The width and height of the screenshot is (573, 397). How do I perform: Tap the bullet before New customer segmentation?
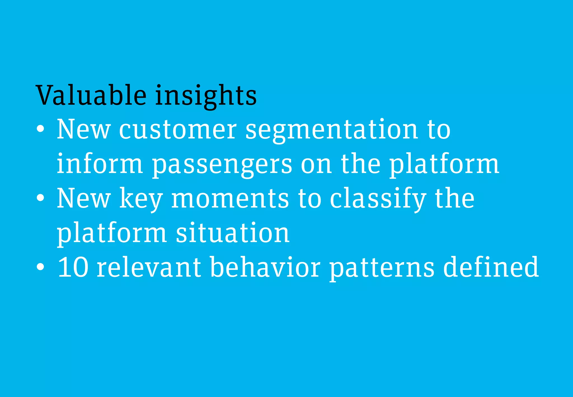tap(40, 129)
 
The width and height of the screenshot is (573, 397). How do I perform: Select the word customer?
tap(178, 129)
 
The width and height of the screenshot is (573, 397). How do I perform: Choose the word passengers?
tap(222, 165)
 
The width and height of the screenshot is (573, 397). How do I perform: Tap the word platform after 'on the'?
tap(444, 165)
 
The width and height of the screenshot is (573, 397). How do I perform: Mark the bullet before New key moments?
tap(40, 198)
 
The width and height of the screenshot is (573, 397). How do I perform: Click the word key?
tap(141, 199)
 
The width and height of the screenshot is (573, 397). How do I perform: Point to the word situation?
tap(233, 233)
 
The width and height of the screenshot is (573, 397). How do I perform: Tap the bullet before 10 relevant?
tap(40, 267)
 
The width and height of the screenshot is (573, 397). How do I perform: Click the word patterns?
tap(382, 268)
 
